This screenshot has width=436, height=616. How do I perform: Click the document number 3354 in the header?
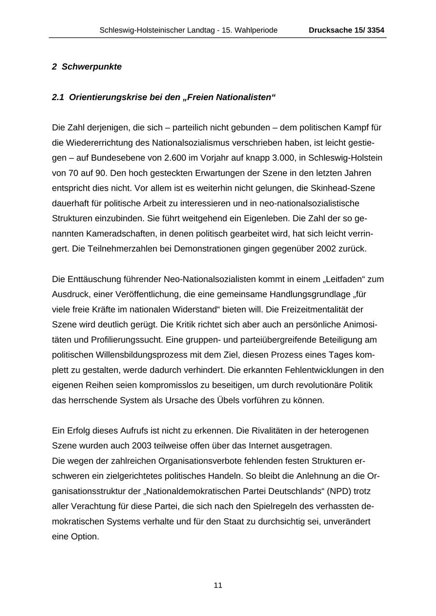coord(375,30)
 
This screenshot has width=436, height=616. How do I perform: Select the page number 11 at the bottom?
coord(218,585)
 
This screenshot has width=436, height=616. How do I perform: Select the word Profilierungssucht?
coord(124,340)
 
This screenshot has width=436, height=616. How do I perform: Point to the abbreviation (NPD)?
coord(339,491)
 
